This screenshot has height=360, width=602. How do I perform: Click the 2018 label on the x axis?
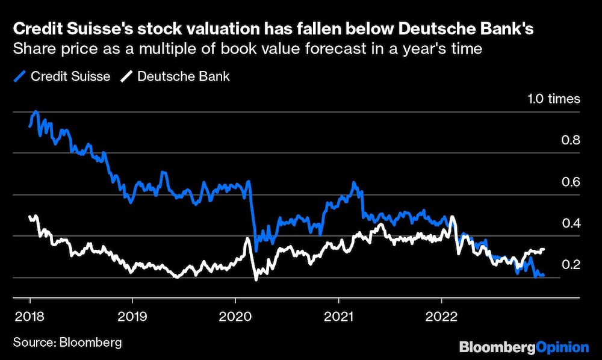pos(29,315)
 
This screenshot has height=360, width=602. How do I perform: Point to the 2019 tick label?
pos(132,315)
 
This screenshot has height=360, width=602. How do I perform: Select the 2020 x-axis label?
pos(235,315)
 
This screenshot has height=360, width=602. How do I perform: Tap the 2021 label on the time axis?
pos(338,315)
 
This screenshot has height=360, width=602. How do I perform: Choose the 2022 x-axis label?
pos(441,315)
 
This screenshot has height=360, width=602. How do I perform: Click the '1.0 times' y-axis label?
pos(553,99)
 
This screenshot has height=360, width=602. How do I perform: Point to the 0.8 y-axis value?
pos(570,140)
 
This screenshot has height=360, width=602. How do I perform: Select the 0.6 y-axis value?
pos(570,182)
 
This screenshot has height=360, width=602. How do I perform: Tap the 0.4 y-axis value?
pos(570,223)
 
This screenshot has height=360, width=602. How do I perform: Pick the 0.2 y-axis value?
pos(570,265)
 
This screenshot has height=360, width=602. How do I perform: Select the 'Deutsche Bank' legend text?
pos(184,76)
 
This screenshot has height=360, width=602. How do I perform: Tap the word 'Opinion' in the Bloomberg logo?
pos(562,347)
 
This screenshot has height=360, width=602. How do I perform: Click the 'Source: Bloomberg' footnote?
pos(67,343)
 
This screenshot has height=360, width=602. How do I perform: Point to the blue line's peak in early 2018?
pos(36,111)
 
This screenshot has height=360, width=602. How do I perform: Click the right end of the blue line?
pos(544,275)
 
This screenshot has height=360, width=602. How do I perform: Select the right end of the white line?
pos(544,249)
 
